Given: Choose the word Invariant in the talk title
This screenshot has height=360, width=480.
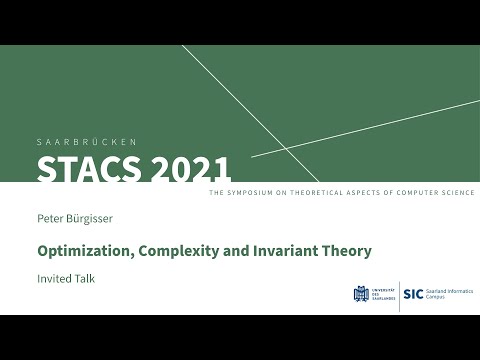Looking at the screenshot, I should click(258, 251).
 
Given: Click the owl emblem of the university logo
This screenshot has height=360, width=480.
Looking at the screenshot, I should click(361, 294).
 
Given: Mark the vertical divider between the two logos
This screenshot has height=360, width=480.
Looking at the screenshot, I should click(399, 295).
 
